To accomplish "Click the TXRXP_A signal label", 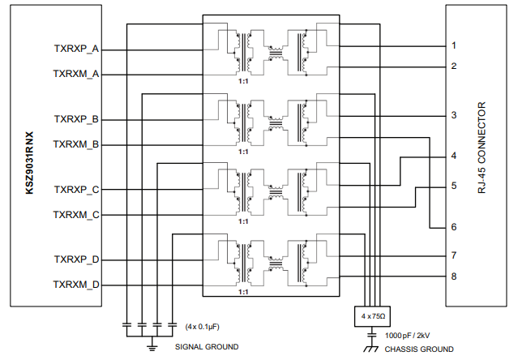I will pyautogui.click(x=76, y=49).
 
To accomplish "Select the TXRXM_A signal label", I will pyautogui.click(x=76, y=74).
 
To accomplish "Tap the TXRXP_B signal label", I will pyautogui.click(x=76, y=119).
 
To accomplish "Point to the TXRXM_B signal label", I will pyautogui.click(x=76, y=144).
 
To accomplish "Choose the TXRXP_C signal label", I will pyautogui.click(x=76, y=190).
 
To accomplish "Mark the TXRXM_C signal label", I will pyautogui.click(x=76, y=215).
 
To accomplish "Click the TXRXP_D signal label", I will pyautogui.click(x=76, y=259).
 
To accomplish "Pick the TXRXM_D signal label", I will pyautogui.click(x=76, y=285).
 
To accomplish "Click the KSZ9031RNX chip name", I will pyautogui.click(x=31, y=163).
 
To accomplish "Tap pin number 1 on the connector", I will pyautogui.click(x=454, y=45).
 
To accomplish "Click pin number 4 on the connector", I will pyautogui.click(x=454, y=156).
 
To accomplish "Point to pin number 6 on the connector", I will pyautogui.click(x=454, y=227).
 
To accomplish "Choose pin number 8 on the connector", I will pyautogui.click(x=454, y=276).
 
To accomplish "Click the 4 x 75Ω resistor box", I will pyautogui.click(x=370, y=315).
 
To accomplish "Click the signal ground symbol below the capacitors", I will pyautogui.click(x=151, y=347).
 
